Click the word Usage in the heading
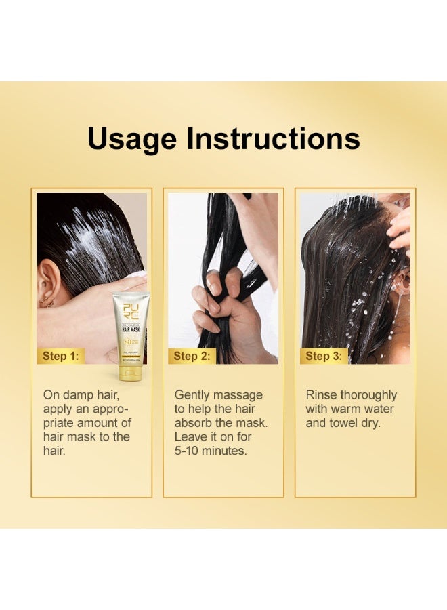point(131,139)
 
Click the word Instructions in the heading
point(273,139)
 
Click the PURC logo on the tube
point(130,311)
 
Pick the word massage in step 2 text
point(238,394)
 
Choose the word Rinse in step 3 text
point(322,394)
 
